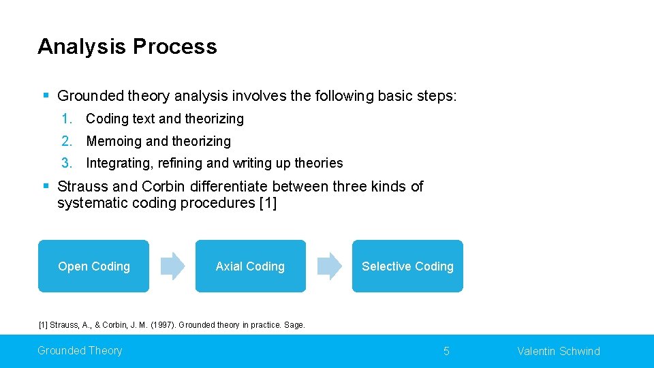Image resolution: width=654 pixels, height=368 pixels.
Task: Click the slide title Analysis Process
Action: pyautogui.click(x=127, y=46)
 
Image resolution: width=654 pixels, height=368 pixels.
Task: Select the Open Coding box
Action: pyautogui.click(x=93, y=266)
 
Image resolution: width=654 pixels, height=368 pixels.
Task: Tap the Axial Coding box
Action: pyautogui.click(x=250, y=266)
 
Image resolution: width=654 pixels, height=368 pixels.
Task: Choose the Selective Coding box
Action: pyautogui.click(x=407, y=266)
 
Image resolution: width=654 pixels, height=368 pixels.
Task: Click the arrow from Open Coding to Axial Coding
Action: pyautogui.click(x=172, y=266)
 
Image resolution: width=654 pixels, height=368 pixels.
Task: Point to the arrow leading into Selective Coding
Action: pyautogui.click(x=330, y=266)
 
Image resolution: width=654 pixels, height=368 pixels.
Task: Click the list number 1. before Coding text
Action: pyautogui.click(x=66, y=119)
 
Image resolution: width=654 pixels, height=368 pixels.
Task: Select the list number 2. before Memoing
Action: pyautogui.click(x=66, y=141)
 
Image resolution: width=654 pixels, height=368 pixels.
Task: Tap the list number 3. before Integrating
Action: pyautogui.click(x=66, y=163)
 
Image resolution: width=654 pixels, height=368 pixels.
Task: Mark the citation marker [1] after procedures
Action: pyautogui.click(x=268, y=204)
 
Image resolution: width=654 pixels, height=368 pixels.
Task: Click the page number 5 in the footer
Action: pyautogui.click(x=446, y=352)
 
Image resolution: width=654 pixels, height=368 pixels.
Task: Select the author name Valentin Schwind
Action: pyautogui.click(x=559, y=352)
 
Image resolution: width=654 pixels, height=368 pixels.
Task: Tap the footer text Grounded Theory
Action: pyautogui.click(x=80, y=351)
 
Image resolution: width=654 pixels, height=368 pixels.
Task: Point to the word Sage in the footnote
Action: pyautogui.click(x=294, y=325)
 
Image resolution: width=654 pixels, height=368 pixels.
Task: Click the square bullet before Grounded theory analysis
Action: pyautogui.click(x=45, y=96)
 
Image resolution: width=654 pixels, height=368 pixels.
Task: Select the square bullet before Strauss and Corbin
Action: pyautogui.click(x=45, y=186)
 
